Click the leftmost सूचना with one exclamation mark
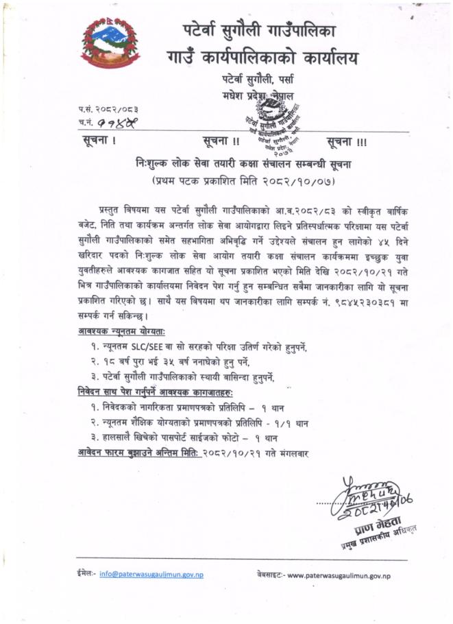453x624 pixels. pyautogui.click(x=97, y=143)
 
